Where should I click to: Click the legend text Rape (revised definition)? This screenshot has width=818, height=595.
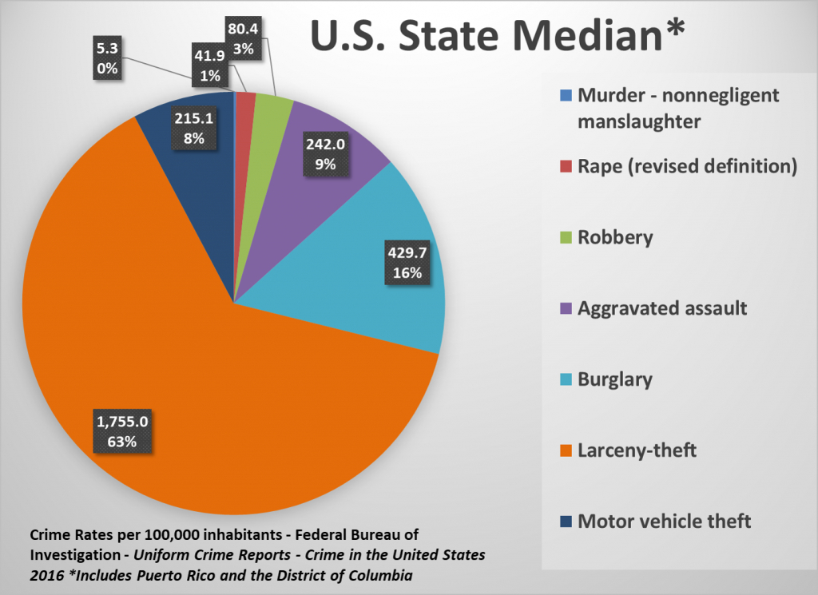coord(687,166)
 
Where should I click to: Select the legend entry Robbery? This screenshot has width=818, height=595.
coord(615,237)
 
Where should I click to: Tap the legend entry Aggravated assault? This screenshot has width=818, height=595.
coord(662,307)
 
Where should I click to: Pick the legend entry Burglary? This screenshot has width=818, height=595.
coord(615,379)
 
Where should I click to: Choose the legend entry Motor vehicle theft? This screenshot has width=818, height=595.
coord(664,522)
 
